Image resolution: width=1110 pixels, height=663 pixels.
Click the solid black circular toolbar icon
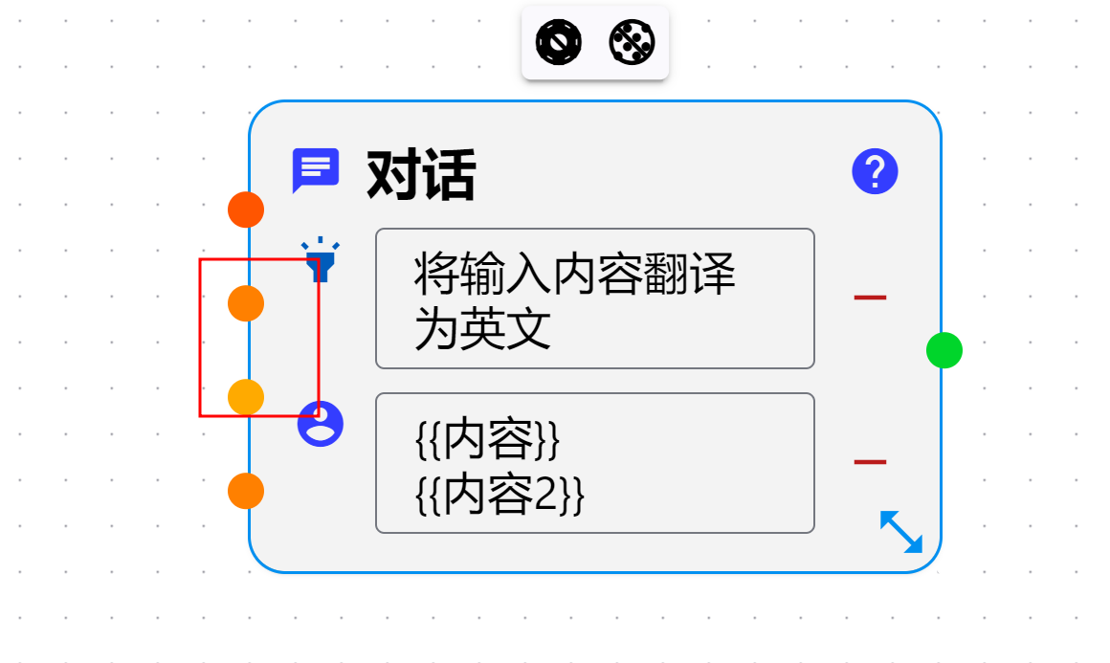click(559, 43)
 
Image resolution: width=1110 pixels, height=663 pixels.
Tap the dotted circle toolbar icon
click(633, 43)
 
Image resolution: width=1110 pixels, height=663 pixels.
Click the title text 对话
click(421, 175)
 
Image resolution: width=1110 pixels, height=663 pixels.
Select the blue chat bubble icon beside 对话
click(315, 171)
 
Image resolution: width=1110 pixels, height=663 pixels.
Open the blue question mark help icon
click(875, 172)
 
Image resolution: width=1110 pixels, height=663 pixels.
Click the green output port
click(943, 350)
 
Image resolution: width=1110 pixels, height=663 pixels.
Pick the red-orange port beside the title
click(246, 209)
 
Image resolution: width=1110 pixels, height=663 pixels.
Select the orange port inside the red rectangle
click(246, 303)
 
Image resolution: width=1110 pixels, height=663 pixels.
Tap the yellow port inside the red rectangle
click(246, 396)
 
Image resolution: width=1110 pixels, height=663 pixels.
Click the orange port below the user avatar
click(246, 491)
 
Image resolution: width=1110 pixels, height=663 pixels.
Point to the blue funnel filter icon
click(320, 259)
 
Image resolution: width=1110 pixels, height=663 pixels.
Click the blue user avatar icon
click(320, 423)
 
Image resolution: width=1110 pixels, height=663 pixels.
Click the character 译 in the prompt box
click(713, 275)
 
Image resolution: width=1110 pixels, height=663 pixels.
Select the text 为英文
click(482, 330)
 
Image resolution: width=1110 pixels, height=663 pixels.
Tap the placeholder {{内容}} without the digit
click(487, 440)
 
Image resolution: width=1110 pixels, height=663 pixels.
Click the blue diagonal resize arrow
click(900, 532)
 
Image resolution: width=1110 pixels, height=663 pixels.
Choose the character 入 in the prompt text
click(528, 275)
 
